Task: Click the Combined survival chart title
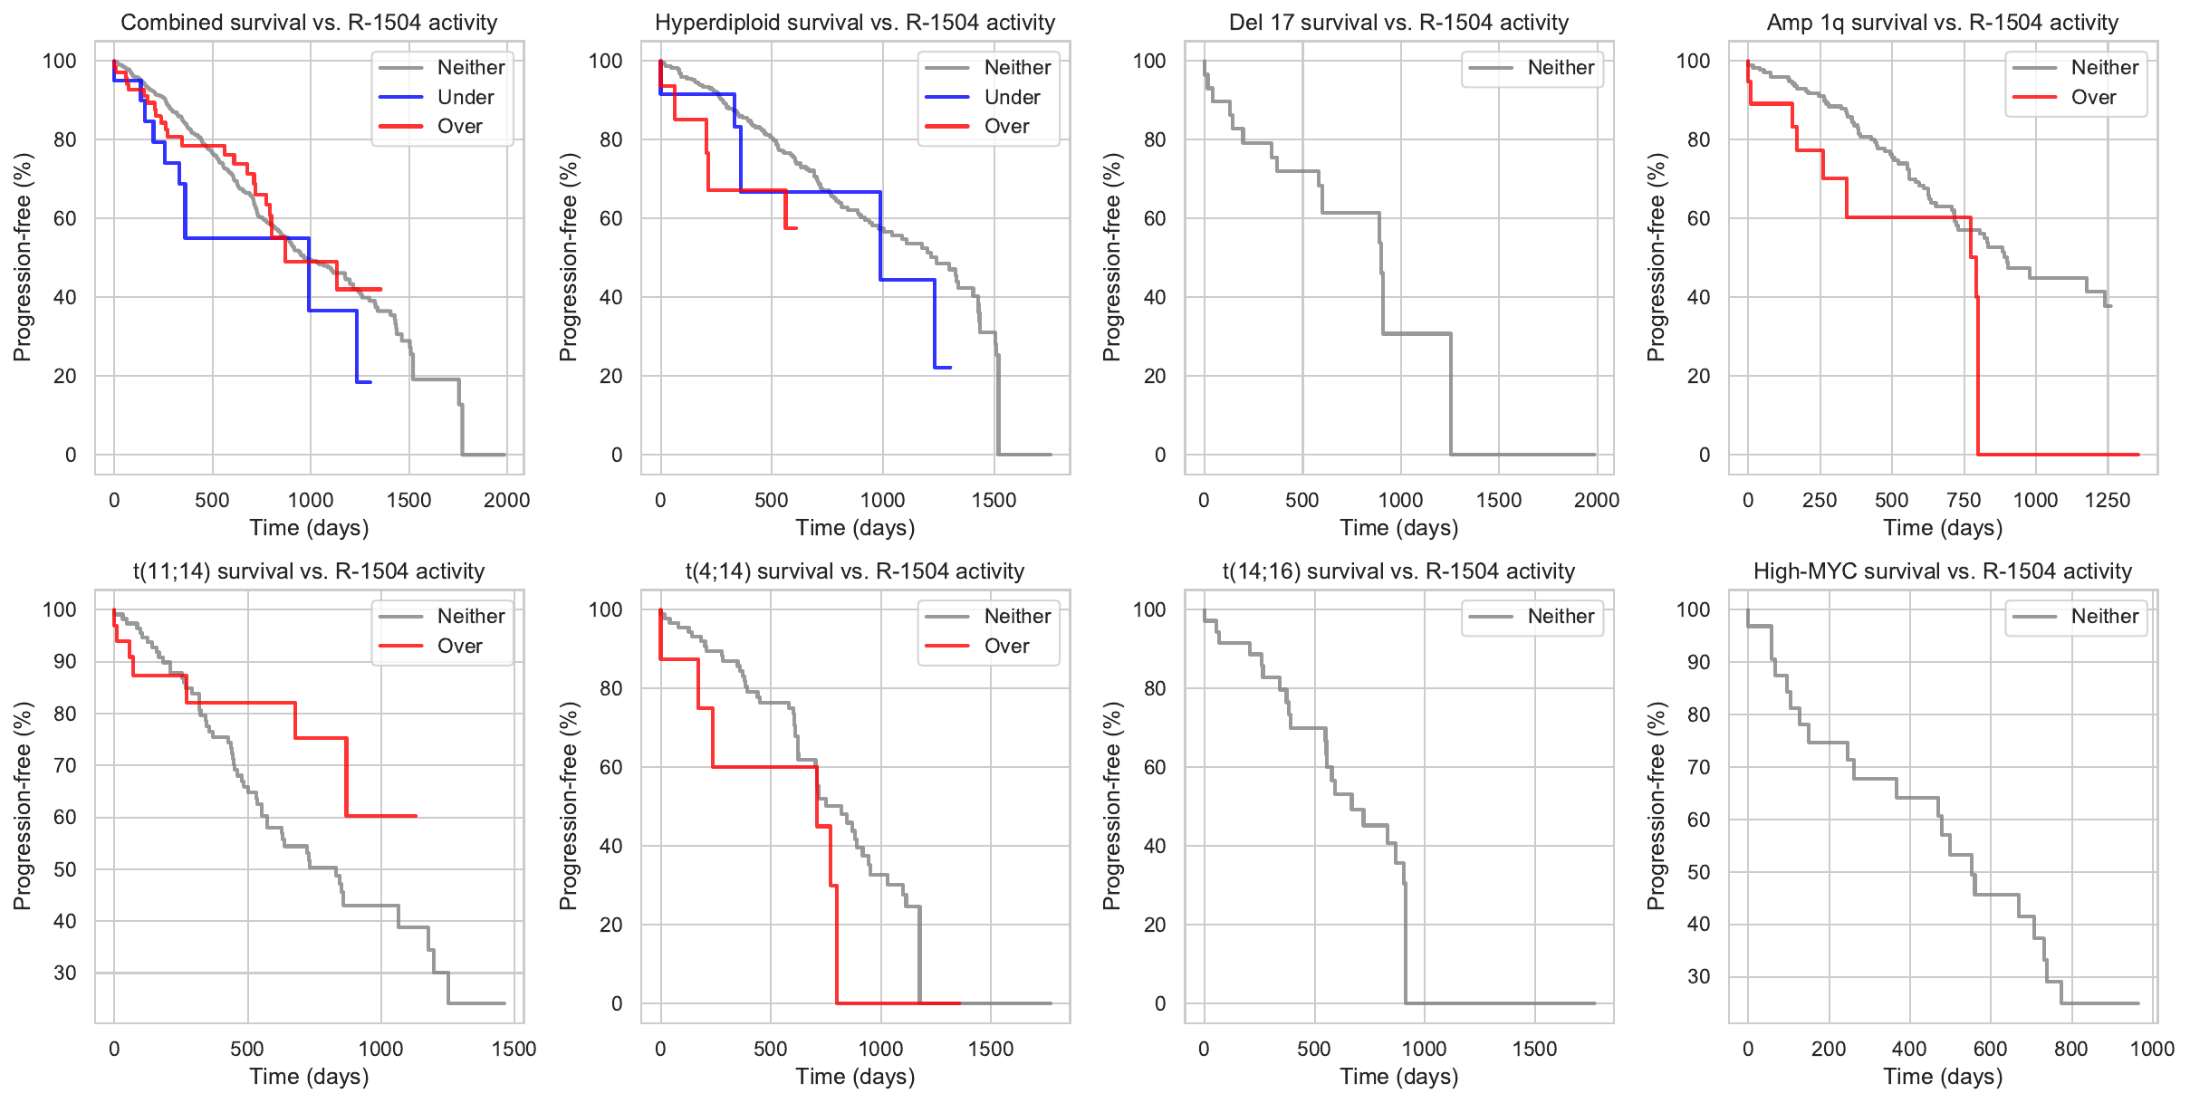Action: point(309,23)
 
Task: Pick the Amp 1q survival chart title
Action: point(1942,23)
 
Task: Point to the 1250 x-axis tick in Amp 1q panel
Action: point(2107,500)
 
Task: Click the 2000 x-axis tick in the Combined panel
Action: point(506,500)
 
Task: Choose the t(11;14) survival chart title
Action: point(309,571)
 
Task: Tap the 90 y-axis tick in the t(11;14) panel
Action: point(65,662)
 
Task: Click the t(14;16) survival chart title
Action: point(1398,571)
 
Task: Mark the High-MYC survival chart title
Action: point(1942,571)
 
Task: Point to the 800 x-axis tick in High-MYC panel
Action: point(2070,1049)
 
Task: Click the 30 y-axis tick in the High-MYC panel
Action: point(1698,976)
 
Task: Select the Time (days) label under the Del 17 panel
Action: point(1398,528)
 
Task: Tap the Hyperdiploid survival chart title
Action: point(855,23)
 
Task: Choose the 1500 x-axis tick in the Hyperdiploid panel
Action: point(994,500)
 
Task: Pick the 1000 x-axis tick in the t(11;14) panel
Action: point(380,1049)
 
